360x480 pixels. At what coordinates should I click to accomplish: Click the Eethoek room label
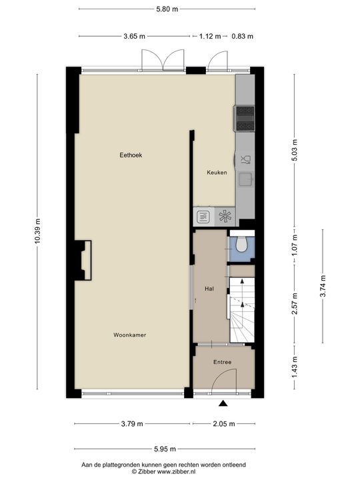pyautogui.click(x=131, y=155)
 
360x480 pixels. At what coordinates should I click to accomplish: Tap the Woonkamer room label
pyautogui.click(x=129, y=335)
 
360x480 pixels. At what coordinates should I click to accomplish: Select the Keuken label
pyautogui.click(x=217, y=173)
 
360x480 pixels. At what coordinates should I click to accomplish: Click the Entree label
pyautogui.click(x=222, y=363)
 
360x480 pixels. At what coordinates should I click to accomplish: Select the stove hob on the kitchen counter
pyautogui.click(x=244, y=119)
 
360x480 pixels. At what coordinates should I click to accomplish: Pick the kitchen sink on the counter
pyautogui.click(x=245, y=178)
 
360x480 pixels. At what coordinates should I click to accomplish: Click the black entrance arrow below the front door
pyautogui.click(x=223, y=403)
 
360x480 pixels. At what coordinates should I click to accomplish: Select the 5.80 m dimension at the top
pyautogui.click(x=166, y=9)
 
